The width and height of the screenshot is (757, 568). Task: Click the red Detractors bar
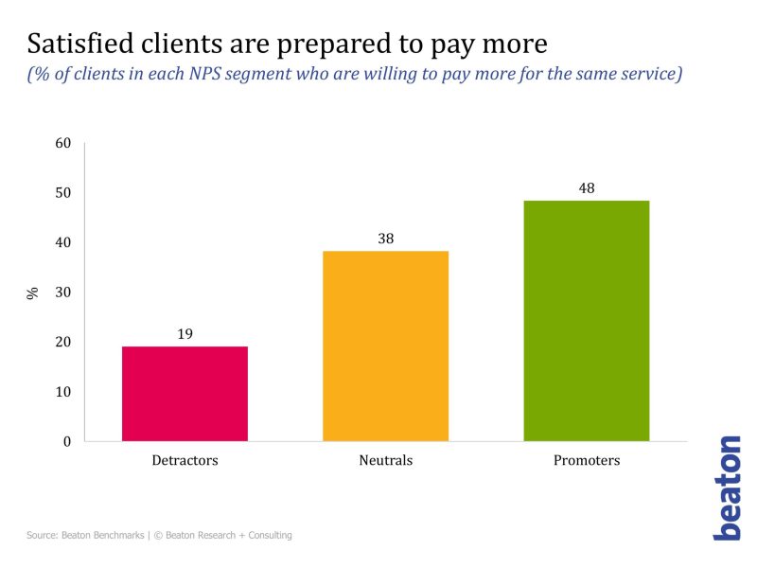click(x=185, y=394)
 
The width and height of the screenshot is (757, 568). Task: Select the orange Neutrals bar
click(x=385, y=346)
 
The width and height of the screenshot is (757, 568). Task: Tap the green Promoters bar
click(x=586, y=321)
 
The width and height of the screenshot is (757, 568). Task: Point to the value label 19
click(x=185, y=334)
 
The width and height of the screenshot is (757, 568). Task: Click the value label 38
click(x=385, y=239)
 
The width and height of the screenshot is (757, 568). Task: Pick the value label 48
click(x=586, y=188)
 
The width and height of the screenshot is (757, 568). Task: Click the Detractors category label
click(x=185, y=461)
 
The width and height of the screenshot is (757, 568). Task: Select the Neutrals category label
click(x=385, y=461)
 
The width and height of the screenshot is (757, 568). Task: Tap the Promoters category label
click(x=586, y=461)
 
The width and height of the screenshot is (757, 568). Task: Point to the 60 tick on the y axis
click(x=63, y=143)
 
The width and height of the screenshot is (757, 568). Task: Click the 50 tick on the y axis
click(x=63, y=193)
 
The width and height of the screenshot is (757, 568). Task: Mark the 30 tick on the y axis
click(x=63, y=293)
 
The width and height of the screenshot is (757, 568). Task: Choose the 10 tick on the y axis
click(x=63, y=392)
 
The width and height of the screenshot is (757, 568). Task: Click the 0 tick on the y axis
click(x=67, y=441)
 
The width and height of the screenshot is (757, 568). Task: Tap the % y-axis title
click(x=33, y=293)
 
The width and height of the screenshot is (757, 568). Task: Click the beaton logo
click(x=727, y=488)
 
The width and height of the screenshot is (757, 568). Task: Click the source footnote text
click(x=159, y=536)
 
